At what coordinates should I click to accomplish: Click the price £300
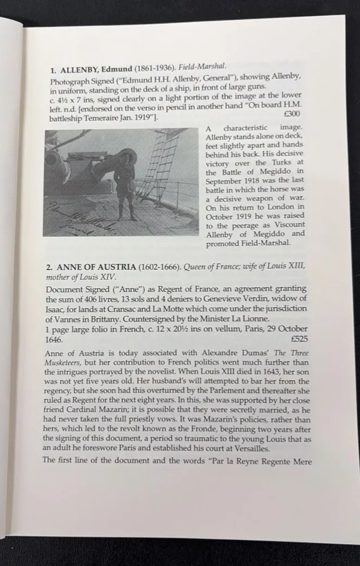pyautogui.click(x=291, y=115)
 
